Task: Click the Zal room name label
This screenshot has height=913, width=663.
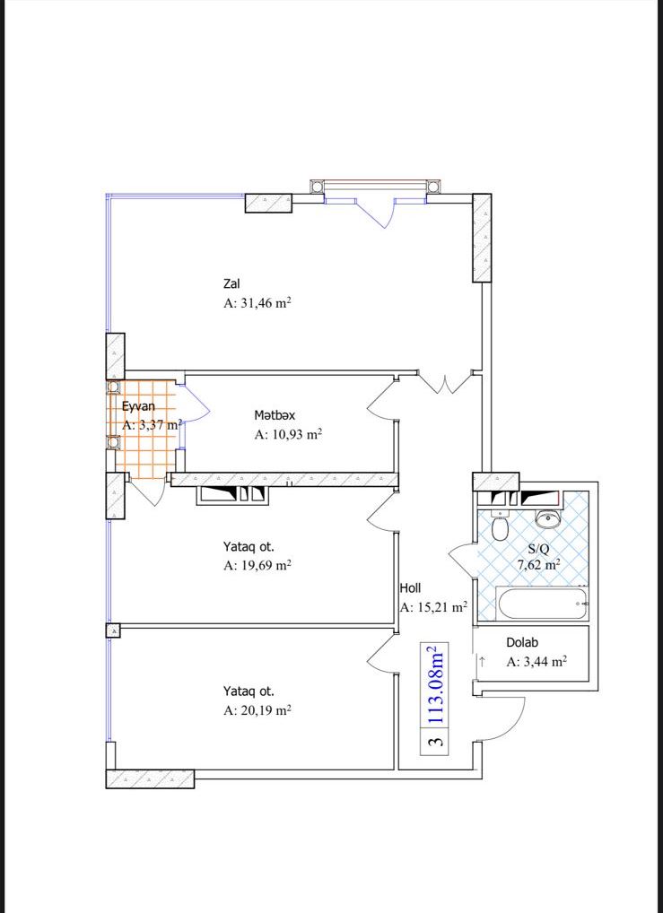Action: [231, 284]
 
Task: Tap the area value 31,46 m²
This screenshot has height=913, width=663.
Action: [257, 303]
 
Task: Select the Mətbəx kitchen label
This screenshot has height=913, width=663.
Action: [275, 415]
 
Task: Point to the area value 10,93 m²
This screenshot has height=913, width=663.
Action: [288, 434]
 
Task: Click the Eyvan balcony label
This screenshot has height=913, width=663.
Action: [139, 406]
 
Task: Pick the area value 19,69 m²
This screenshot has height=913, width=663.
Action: [257, 565]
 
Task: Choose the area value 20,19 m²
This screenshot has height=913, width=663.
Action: [257, 709]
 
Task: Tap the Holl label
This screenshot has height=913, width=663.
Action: [410, 588]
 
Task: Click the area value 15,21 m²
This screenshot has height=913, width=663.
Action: [433, 607]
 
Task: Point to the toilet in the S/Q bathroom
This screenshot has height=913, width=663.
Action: [500, 526]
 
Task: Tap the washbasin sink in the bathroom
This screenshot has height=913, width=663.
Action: [547, 517]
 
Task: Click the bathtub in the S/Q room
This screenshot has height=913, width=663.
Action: [543, 604]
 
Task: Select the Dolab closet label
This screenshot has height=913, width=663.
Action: [522, 643]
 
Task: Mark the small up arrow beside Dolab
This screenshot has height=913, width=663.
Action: [483, 662]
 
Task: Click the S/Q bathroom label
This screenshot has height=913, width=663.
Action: [537, 549]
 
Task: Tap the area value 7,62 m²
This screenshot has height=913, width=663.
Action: [539, 563]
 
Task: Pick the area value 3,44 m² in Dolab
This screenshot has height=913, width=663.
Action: [537, 662]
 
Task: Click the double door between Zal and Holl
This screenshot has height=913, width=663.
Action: [445, 383]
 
